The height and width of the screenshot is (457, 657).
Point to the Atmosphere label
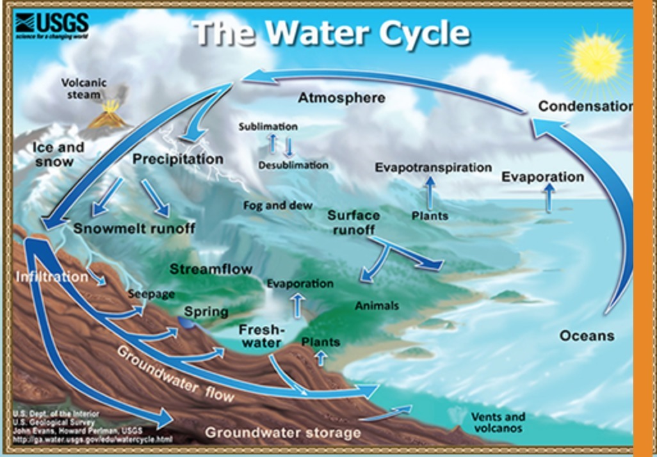click(x=342, y=98)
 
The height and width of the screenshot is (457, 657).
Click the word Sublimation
click(x=268, y=127)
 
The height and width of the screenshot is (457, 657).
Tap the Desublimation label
click(x=293, y=165)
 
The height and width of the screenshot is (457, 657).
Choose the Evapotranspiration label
click(x=433, y=168)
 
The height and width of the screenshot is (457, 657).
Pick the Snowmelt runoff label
click(x=134, y=228)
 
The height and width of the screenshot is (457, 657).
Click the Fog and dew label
click(x=278, y=205)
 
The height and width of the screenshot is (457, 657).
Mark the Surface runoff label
click(x=353, y=222)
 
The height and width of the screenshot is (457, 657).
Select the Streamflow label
click(x=211, y=269)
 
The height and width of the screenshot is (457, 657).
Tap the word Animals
click(x=377, y=306)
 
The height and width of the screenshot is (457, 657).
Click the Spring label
click(x=206, y=312)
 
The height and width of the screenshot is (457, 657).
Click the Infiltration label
click(x=51, y=277)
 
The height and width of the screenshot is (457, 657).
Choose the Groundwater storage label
click(x=282, y=433)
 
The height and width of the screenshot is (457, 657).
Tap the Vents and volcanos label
click(x=498, y=422)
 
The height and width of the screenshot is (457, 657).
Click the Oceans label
click(x=587, y=335)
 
